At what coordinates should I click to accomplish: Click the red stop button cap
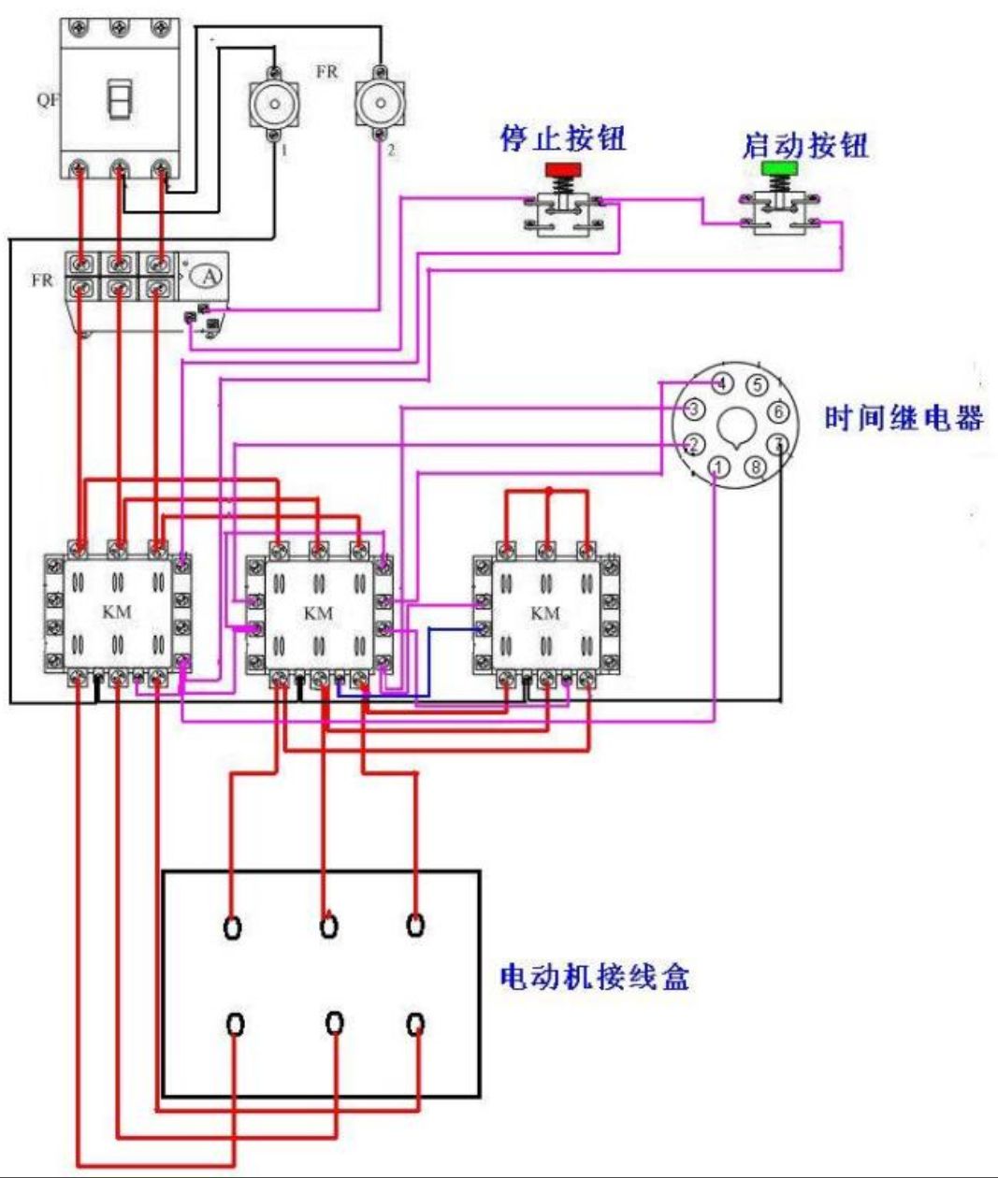click(563, 169)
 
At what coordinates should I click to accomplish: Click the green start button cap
click(776, 168)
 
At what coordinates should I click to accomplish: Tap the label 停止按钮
click(563, 138)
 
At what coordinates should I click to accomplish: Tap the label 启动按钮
click(805, 145)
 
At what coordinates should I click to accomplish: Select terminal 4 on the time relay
click(721, 383)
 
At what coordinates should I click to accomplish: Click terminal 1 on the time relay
click(717, 467)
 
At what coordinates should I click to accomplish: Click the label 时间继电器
click(904, 417)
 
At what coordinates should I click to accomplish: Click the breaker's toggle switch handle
click(119, 99)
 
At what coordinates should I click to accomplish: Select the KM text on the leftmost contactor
click(117, 612)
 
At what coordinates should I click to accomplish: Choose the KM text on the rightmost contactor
click(544, 613)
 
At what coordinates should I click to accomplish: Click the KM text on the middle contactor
click(318, 613)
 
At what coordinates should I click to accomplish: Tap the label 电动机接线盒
click(595, 977)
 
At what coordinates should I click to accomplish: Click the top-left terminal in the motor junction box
click(232, 927)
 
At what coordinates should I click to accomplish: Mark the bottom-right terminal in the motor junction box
click(416, 1025)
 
